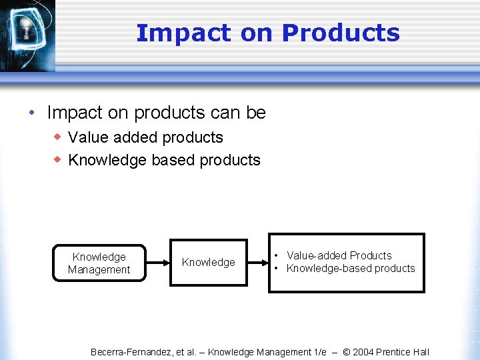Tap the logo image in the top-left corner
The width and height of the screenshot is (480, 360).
pos(27,33)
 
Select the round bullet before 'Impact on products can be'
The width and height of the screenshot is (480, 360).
pos(33,113)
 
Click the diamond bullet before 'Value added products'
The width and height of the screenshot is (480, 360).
pos(58,137)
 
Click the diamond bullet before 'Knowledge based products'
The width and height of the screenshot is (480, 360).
pos(58,160)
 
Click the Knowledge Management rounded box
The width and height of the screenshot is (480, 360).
pos(99,263)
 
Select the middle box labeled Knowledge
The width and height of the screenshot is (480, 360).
pos(208,263)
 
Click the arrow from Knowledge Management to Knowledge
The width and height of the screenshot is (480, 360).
pos(157,263)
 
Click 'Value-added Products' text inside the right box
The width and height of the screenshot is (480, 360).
pos(339,255)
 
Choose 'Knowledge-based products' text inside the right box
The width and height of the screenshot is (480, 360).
pos(351,269)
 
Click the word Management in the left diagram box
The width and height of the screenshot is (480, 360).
pos(99,269)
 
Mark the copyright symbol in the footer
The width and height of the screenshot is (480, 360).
pos(347,352)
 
